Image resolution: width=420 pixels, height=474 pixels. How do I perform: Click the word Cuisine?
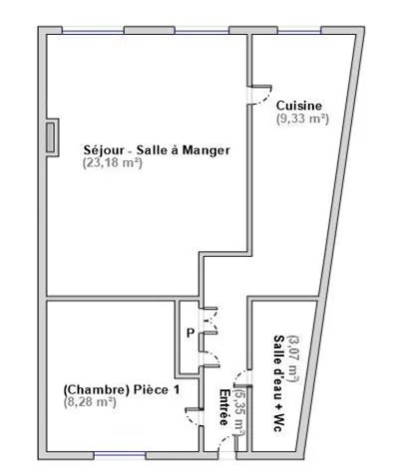[299, 106]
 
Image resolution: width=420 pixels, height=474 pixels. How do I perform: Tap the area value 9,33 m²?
[302, 118]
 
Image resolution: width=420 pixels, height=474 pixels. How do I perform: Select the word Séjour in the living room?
[104, 150]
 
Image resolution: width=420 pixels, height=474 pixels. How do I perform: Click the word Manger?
[207, 150]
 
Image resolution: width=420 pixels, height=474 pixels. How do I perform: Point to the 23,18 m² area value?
[113, 162]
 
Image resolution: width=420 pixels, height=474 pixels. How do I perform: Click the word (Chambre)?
[96, 389]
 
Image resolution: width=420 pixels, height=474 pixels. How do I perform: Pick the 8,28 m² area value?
[90, 402]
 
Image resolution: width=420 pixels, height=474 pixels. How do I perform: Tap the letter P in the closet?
[191, 333]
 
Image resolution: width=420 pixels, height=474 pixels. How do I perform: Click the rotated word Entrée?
[223, 407]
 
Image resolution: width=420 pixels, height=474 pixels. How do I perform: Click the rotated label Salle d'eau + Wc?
[278, 383]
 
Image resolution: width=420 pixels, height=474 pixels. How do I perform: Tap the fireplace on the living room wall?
[52, 137]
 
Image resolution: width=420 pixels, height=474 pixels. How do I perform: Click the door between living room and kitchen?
[260, 96]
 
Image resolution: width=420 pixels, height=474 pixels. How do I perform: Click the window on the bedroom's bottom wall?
[120, 454]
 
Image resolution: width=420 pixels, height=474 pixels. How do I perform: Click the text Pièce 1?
[157, 389]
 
